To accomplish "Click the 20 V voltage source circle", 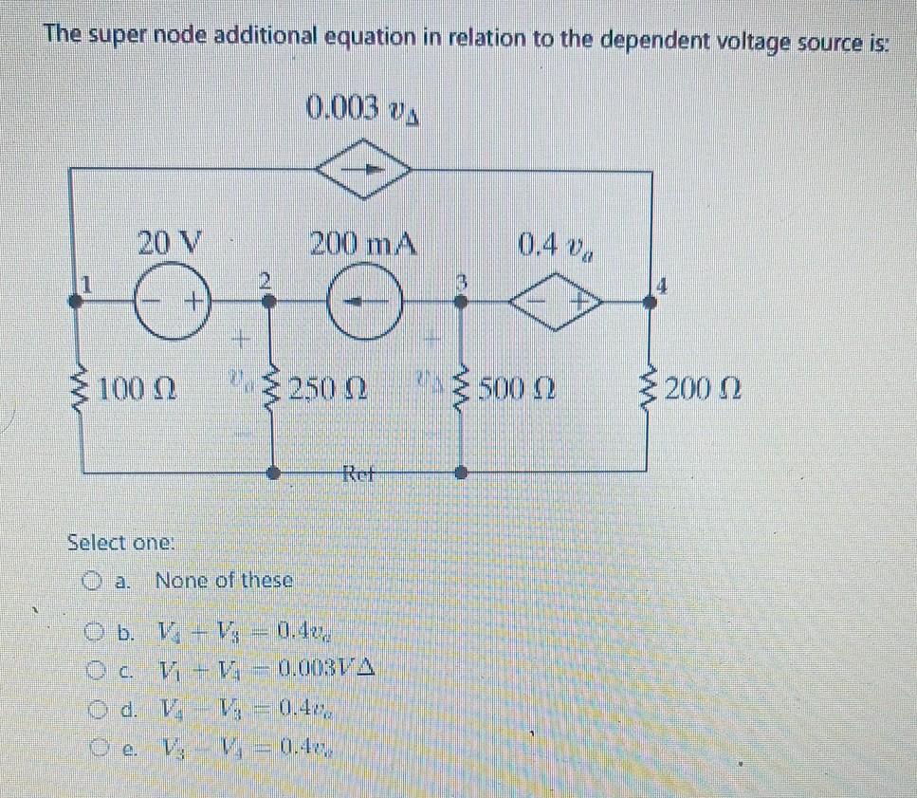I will pyautogui.click(x=172, y=303).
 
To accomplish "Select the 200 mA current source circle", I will pyautogui.click(x=363, y=303).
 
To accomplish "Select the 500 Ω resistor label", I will pyautogui.click(x=517, y=388).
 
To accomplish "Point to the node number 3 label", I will pyautogui.click(x=462, y=282).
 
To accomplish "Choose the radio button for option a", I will pyautogui.click(x=91, y=580).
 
